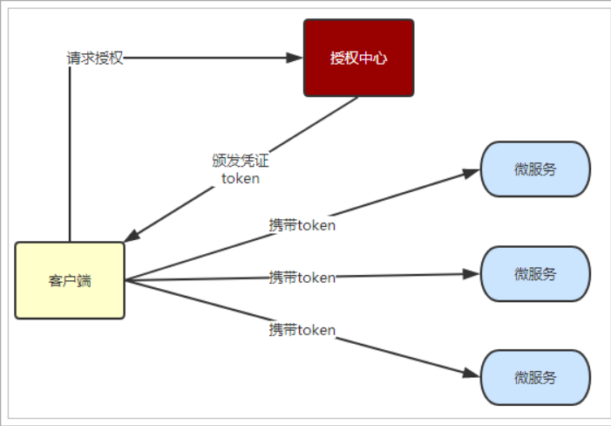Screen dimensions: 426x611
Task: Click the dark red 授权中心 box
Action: (x=358, y=58)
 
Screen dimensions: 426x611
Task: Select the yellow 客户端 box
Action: (x=70, y=280)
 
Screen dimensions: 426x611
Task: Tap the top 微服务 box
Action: (x=535, y=169)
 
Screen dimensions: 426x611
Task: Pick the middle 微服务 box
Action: (x=535, y=274)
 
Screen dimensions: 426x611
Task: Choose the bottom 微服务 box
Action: (x=535, y=378)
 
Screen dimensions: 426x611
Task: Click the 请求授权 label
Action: (x=95, y=58)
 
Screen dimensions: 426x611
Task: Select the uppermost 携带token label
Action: (x=302, y=224)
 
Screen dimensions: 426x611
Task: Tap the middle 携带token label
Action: (x=302, y=278)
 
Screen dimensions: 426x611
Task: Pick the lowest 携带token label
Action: (x=302, y=329)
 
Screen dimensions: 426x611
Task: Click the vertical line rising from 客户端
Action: (x=69, y=157)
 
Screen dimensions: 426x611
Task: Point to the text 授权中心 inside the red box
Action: (x=358, y=58)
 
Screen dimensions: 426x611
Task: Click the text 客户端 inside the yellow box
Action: (x=70, y=281)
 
